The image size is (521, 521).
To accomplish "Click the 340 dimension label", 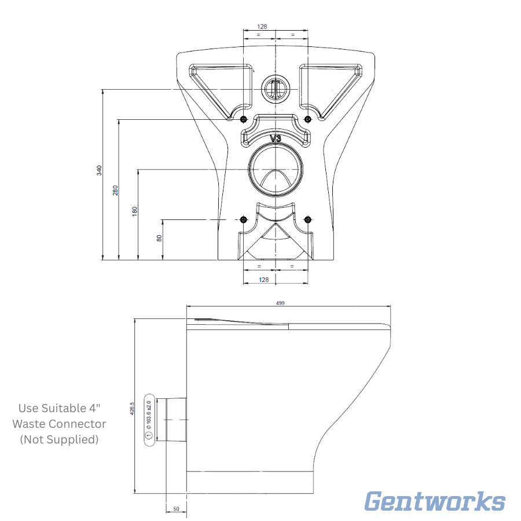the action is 100,170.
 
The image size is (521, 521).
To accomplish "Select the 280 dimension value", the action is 115,190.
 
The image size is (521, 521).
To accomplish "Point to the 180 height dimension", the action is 134,211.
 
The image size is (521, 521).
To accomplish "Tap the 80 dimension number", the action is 159,238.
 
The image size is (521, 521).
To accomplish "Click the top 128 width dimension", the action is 262,27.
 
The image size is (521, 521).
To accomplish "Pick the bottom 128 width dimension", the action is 263,280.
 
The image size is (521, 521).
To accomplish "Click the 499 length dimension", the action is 280,303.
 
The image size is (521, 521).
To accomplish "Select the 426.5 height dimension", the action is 132,408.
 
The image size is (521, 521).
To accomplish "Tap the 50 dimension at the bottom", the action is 176,509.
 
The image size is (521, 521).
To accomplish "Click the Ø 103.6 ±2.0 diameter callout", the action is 149,414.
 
